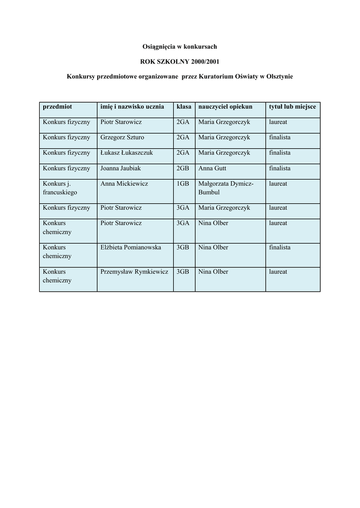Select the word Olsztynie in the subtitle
click(x=280, y=77)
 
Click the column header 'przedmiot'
click(x=58, y=107)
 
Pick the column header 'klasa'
click(x=184, y=107)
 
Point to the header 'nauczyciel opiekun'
click(x=225, y=107)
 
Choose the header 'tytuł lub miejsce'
click(x=292, y=107)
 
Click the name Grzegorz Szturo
click(x=122, y=137)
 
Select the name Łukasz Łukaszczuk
click(x=127, y=153)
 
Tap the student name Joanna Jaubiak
click(x=121, y=168)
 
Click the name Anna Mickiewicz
click(x=124, y=184)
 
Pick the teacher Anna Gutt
click(x=213, y=168)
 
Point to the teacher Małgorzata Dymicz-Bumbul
click(x=226, y=188)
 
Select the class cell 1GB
click(x=183, y=184)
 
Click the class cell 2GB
click(x=183, y=168)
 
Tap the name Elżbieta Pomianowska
click(x=131, y=247)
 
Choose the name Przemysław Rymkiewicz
click(x=134, y=271)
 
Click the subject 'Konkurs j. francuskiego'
click(x=60, y=188)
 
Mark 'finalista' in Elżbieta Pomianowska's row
click(x=280, y=247)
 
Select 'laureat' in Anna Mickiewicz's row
click(x=278, y=184)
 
